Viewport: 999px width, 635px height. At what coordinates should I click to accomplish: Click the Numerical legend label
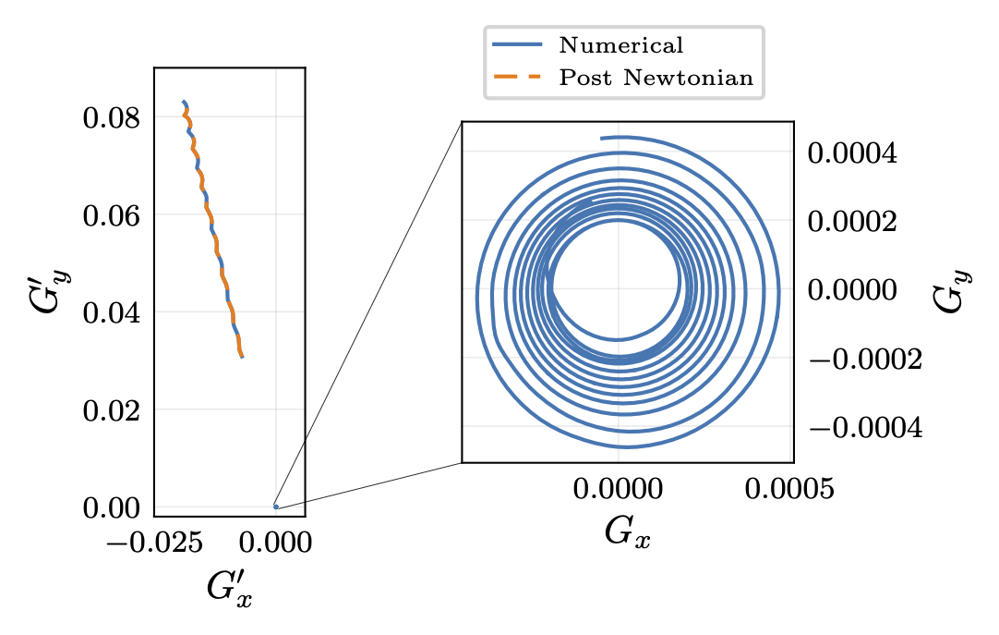coord(620,45)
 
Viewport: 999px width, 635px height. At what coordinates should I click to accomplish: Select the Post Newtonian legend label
coord(656,78)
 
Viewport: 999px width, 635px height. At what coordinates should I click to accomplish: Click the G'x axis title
coord(230,589)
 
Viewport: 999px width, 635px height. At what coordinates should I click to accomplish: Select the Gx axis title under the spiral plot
coord(628,533)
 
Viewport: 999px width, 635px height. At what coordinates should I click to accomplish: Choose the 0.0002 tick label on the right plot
coord(851,222)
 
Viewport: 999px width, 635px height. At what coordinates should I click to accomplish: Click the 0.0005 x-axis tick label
coord(788,489)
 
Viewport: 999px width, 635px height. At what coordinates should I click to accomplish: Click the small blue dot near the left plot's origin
coord(275,507)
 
